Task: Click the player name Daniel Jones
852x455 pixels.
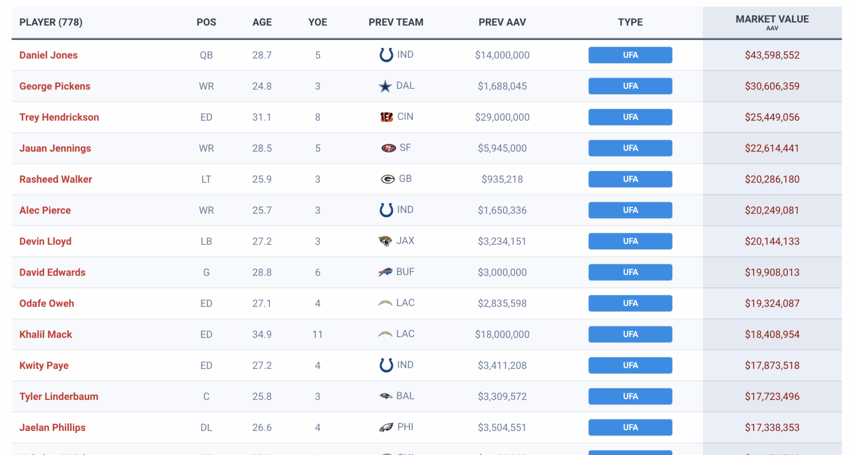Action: coord(48,55)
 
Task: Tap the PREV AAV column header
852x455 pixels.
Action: coord(502,22)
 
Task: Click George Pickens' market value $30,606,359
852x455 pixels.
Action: coord(772,86)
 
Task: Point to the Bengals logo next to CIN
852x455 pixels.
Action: coord(387,117)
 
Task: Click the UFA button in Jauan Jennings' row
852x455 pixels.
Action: coord(630,148)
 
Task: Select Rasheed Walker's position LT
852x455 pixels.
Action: coord(206,179)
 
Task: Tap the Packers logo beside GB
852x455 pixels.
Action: coord(388,179)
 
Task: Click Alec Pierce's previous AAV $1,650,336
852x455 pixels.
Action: coord(502,210)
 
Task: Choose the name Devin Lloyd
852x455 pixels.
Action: coord(45,241)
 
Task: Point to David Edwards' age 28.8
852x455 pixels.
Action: coord(262,272)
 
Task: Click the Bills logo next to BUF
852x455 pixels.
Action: coord(385,272)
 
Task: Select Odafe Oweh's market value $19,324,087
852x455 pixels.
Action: coord(772,303)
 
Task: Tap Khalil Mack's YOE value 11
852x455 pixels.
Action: coord(318,335)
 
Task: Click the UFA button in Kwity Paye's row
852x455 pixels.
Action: coord(630,365)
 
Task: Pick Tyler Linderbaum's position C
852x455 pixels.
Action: coord(206,396)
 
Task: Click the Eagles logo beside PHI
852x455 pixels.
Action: coord(386,427)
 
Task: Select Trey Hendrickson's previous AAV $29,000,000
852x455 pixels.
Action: coord(502,117)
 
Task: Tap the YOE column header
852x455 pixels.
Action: coord(318,22)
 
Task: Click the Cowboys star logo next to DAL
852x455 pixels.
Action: coord(385,86)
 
